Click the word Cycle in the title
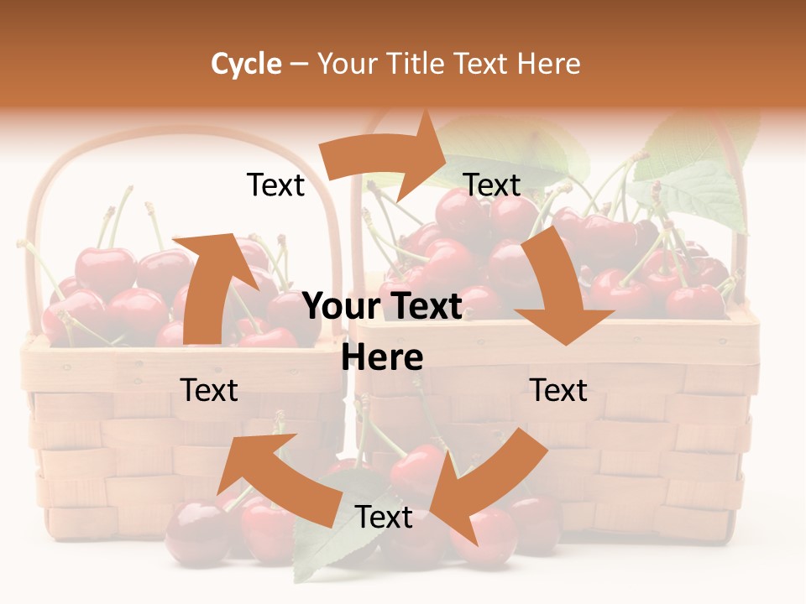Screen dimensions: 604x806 (246, 64)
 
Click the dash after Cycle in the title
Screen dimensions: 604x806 (299, 65)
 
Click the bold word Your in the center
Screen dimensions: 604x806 (341, 307)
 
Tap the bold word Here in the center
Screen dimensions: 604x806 (382, 357)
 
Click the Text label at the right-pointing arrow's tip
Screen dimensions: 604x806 (492, 185)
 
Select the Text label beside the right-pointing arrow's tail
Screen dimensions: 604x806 (275, 185)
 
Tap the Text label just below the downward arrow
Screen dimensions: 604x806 (559, 390)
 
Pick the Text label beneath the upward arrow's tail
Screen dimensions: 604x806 (209, 390)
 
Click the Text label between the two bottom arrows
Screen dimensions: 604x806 (384, 518)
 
